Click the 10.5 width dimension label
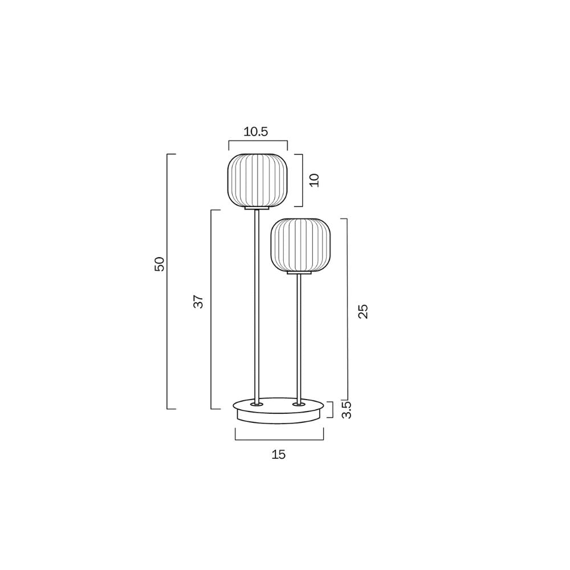[x=256, y=132]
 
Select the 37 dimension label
[x=198, y=302]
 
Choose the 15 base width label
[x=279, y=454]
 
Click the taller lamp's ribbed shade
[x=257, y=180]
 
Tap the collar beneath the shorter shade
[x=299, y=274]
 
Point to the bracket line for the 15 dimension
[x=279, y=439]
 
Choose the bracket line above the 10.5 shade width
[x=257, y=141]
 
